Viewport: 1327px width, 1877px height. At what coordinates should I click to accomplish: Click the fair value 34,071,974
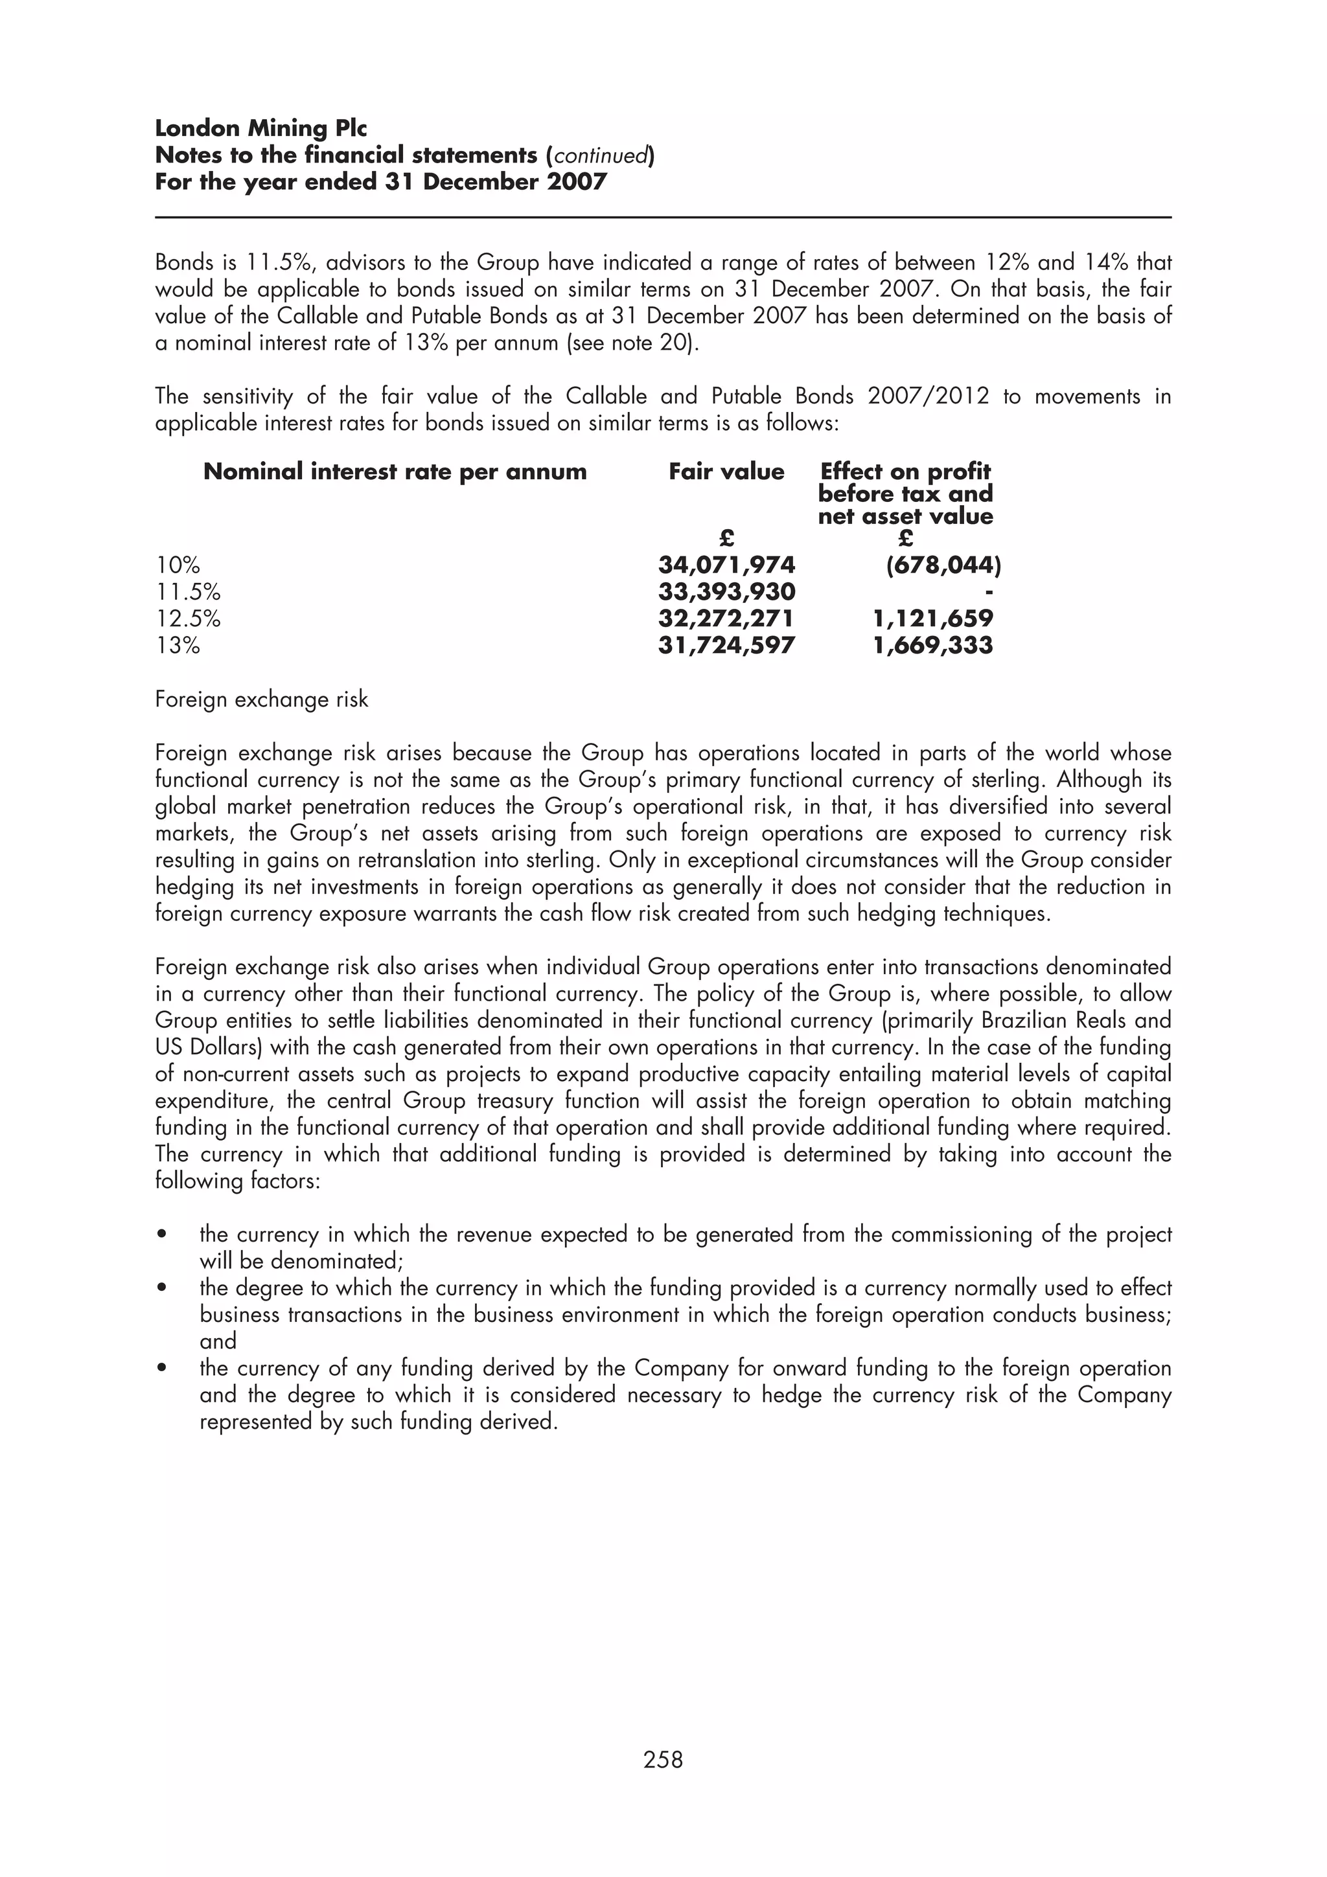point(726,565)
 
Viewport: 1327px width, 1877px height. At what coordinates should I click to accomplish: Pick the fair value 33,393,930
point(726,592)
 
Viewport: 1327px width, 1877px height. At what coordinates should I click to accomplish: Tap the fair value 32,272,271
point(726,618)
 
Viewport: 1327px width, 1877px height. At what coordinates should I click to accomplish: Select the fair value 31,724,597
point(726,645)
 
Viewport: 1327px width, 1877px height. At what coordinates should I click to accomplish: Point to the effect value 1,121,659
point(933,618)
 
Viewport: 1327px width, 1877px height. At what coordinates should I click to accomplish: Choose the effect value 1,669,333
point(933,645)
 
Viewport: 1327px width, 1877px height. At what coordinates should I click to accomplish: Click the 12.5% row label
point(188,619)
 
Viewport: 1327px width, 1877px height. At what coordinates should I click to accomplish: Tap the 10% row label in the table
point(178,565)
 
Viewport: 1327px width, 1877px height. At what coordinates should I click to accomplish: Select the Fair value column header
point(726,472)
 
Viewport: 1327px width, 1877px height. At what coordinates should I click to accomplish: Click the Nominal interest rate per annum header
point(395,472)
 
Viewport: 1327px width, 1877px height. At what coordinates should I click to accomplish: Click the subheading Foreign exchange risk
point(262,700)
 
